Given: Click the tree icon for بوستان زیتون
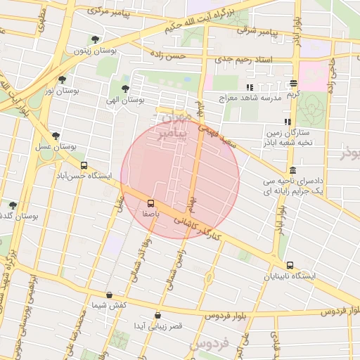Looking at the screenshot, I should pos(95,39).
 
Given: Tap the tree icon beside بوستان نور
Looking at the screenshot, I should pos(63,79).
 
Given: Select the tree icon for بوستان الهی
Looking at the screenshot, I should pos(125,89).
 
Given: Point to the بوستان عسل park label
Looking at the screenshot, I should pos(55,147).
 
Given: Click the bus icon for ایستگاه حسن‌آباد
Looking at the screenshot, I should pos(84,166).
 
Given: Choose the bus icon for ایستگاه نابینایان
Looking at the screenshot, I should pos(290,266).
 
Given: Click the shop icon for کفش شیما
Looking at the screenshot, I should pos(109,295).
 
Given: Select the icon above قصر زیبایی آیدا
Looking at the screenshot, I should pos(157,315).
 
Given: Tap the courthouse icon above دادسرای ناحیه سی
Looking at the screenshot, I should pos(292,169).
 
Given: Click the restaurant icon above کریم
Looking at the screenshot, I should pos(292,83).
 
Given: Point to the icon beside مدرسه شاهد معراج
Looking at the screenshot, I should pos(249,87).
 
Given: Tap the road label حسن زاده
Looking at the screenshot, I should pos(171,54).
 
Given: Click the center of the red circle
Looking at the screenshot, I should pos(180,180).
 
